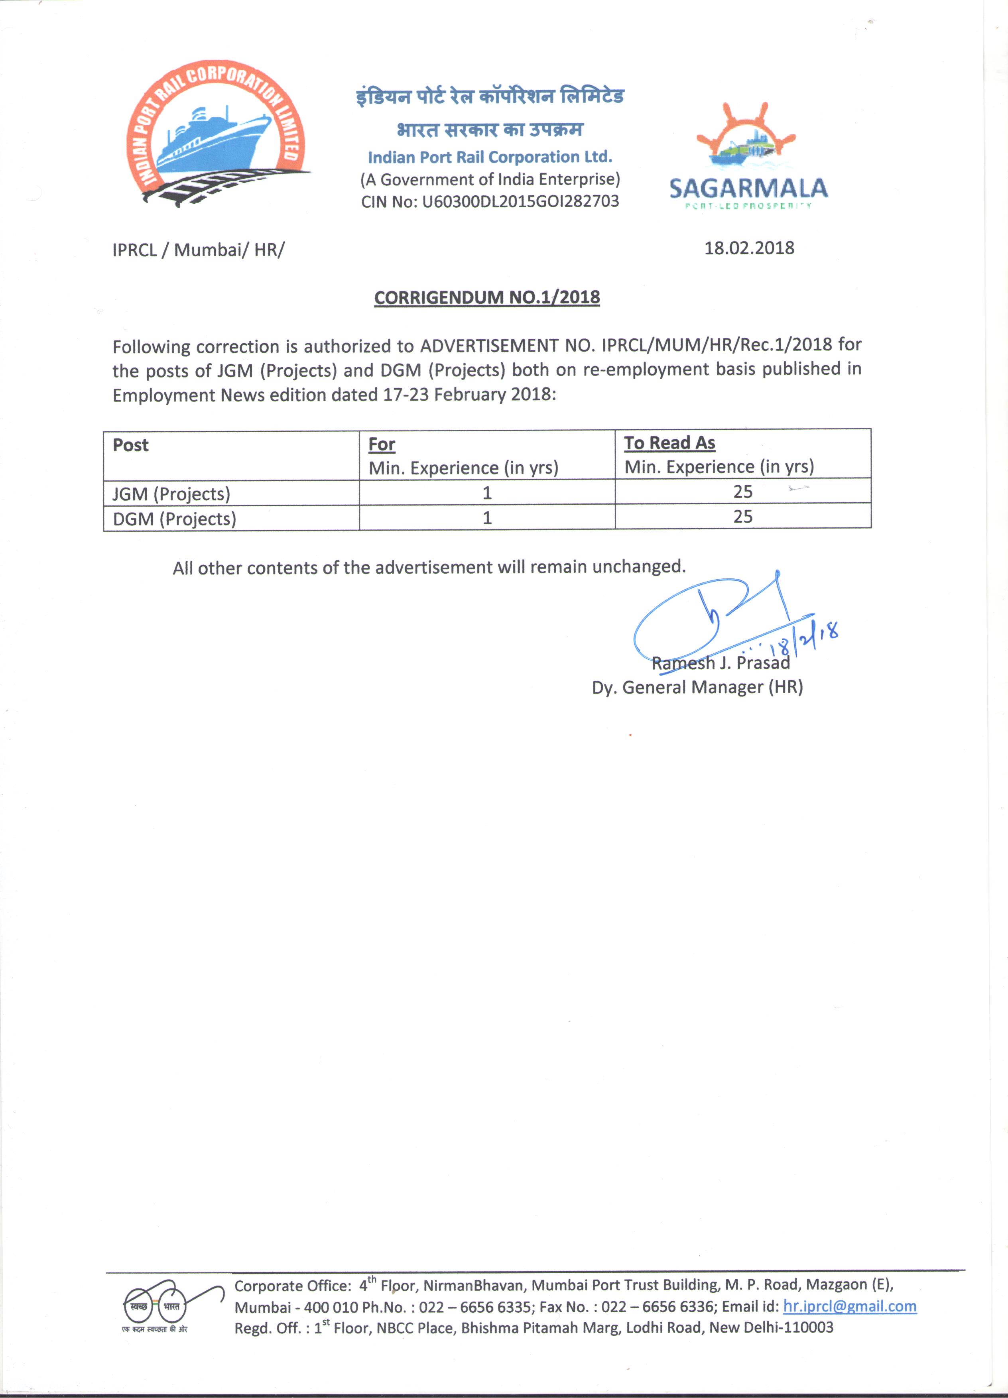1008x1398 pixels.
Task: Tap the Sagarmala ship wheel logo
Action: pyautogui.click(x=747, y=142)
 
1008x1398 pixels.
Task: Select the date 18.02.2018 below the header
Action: pyautogui.click(x=749, y=248)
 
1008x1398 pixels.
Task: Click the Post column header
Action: pyautogui.click(x=131, y=445)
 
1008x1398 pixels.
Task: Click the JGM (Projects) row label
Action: pyautogui.click(x=171, y=494)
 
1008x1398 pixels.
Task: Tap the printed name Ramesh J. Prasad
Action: pyautogui.click(x=721, y=663)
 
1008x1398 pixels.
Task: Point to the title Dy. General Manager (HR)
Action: pyautogui.click(x=697, y=687)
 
